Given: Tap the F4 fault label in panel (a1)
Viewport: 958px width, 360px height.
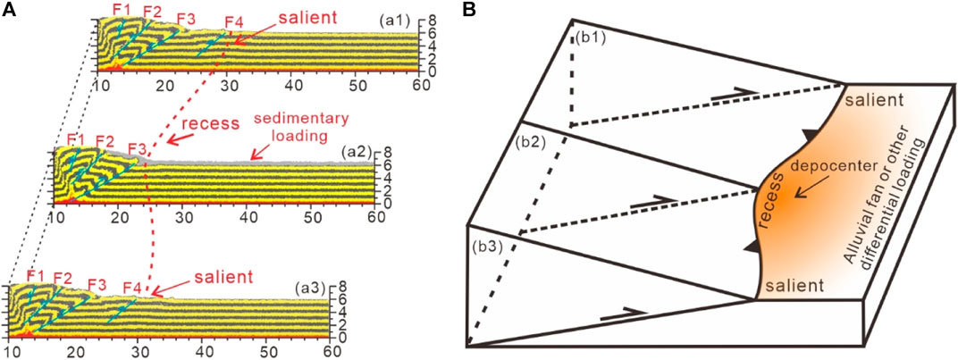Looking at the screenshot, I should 233,21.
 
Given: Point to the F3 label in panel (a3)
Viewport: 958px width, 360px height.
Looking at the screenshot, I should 98,285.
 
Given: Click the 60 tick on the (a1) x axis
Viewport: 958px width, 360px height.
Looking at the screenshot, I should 412,85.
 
